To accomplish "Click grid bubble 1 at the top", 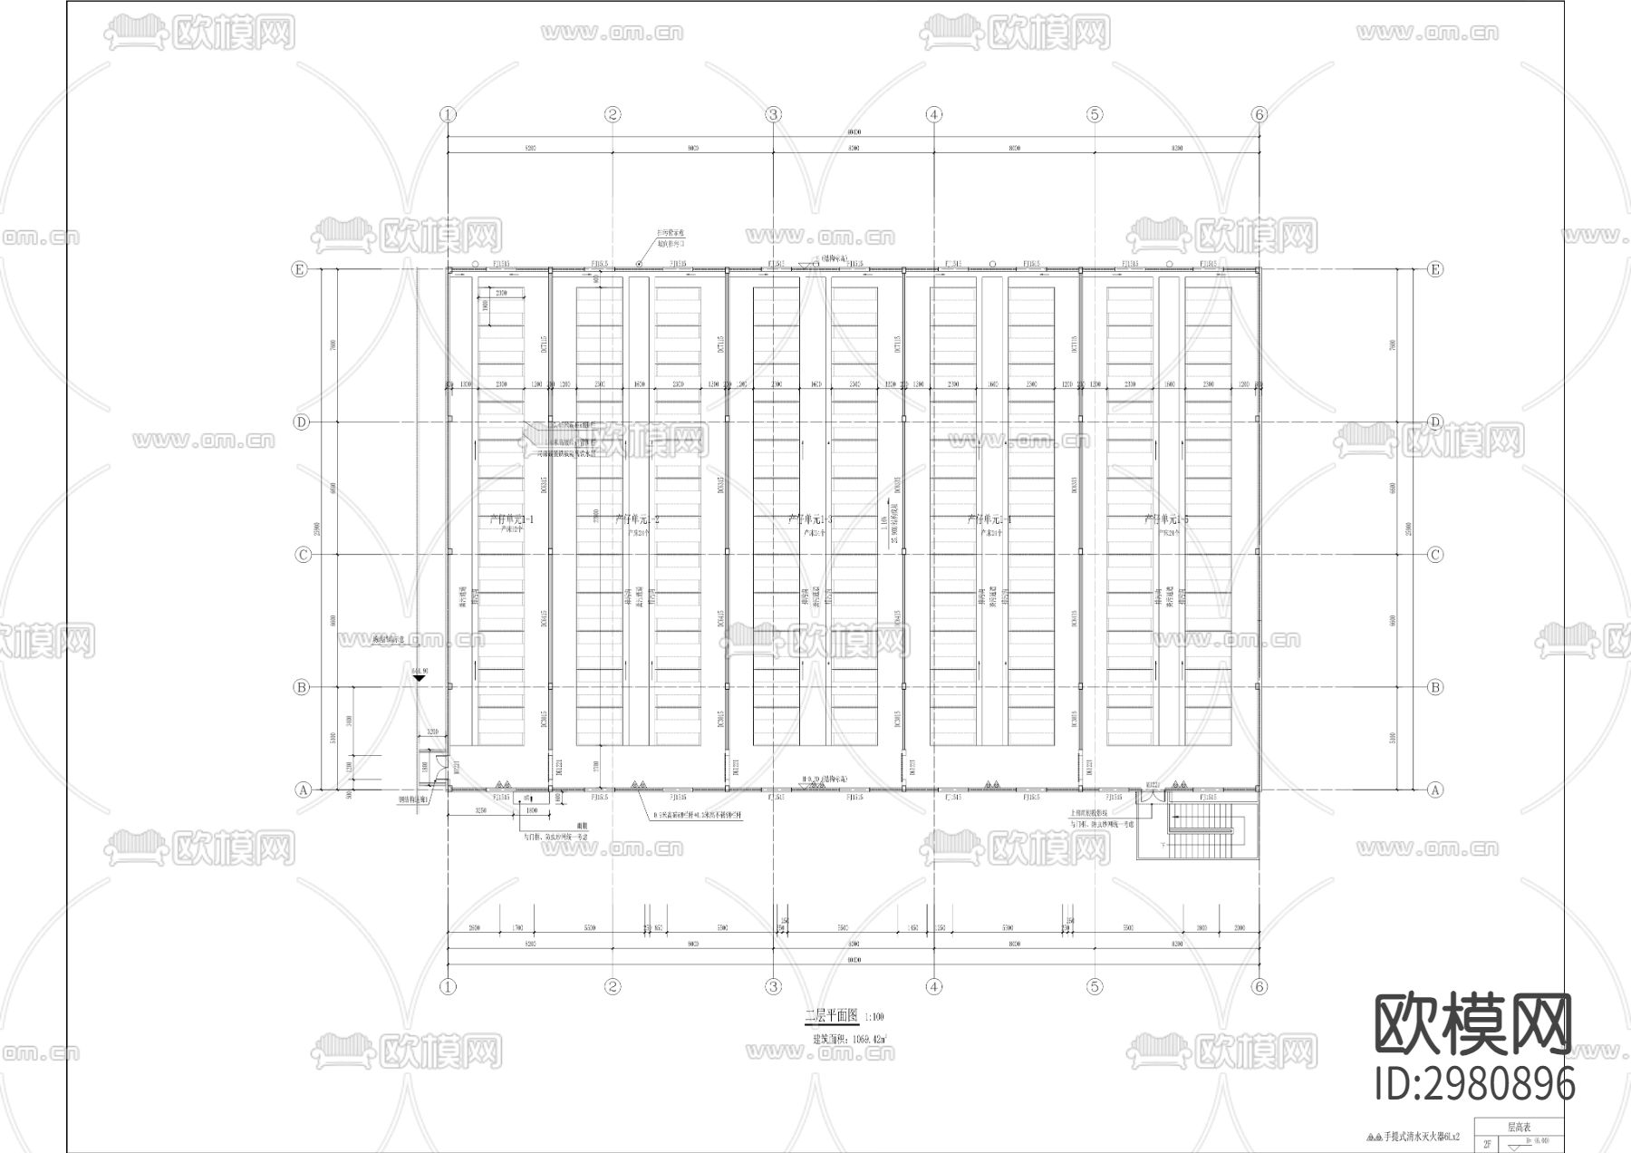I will pos(448,114).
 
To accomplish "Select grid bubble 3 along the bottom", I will pos(773,986).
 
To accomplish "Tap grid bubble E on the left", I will pos(299,269).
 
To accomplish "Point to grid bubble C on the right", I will pos(1434,555).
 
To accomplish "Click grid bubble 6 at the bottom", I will pos(1259,986).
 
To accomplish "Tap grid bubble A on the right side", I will pos(1434,790).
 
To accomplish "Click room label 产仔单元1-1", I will pos(511,520).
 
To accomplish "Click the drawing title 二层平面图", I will pos(831,1016).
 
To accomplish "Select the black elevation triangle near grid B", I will pos(419,678).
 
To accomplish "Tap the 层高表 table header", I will pos(1520,1128).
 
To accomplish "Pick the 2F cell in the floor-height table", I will pos(1487,1143).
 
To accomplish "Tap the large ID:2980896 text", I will pos(1474,1084).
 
